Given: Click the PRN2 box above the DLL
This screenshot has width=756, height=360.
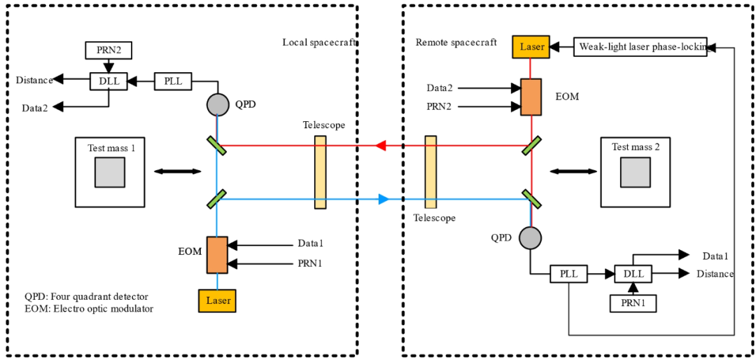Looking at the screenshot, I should (108, 50).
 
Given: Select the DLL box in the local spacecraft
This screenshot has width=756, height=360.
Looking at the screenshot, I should (108, 81).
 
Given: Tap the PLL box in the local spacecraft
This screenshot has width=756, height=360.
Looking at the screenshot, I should (173, 81).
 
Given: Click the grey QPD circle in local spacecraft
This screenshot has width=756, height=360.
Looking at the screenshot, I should (218, 105).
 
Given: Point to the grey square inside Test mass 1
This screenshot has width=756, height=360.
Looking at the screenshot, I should (110, 172).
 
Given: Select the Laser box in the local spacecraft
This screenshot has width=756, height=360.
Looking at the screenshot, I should (217, 300).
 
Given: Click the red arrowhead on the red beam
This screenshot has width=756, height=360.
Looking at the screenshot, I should (381, 146).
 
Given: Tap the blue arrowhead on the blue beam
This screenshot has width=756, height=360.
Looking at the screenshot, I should (383, 200).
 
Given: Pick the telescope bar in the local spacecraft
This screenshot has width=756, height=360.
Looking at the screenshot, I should (321, 172).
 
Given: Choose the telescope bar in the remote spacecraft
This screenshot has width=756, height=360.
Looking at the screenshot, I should (430, 172).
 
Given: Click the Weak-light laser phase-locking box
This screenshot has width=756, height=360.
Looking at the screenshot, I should (640, 47).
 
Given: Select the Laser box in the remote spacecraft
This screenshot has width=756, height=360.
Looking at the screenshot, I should (532, 47).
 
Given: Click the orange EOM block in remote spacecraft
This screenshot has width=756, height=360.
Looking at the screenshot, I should (532, 97).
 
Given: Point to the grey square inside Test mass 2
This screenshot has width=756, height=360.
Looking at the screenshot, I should (635, 172).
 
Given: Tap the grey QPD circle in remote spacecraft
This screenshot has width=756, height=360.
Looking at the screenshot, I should (531, 237).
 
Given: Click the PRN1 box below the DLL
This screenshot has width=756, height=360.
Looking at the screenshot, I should (633, 303).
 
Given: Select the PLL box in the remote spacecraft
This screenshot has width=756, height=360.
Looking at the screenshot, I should (568, 273).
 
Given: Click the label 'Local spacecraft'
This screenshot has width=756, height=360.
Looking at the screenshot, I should (319, 42).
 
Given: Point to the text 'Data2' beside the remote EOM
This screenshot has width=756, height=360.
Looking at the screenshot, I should (440, 88).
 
